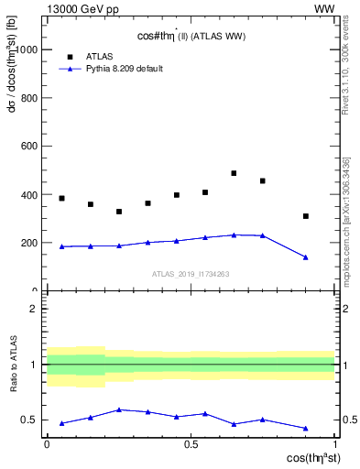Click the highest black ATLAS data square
click(x=234, y=173)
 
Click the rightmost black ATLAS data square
click(x=306, y=216)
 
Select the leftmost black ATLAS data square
click(x=61, y=198)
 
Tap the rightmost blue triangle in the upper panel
click(x=306, y=257)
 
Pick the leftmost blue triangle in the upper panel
click(x=61, y=246)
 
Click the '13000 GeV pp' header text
click(x=82, y=10)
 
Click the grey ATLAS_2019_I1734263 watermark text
click(x=191, y=273)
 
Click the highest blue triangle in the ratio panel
click(x=119, y=409)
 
